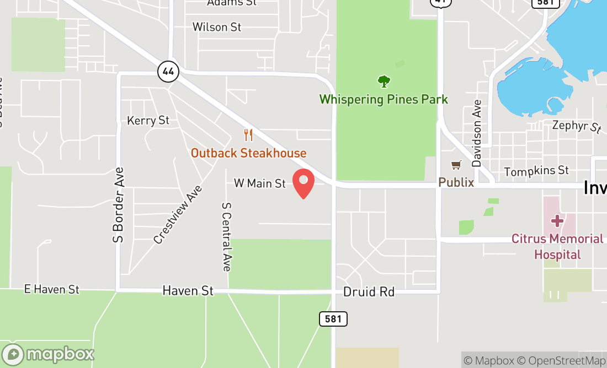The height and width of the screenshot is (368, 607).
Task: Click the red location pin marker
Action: tap(303, 183)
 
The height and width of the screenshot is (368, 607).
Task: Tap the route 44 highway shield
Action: tap(168, 71)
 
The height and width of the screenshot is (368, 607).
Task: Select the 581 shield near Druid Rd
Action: tap(333, 318)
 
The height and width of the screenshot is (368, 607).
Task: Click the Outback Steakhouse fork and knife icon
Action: tap(248, 135)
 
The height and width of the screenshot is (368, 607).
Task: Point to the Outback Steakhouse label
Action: tap(248, 153)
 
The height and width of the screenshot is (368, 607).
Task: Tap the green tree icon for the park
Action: tap(384, 82)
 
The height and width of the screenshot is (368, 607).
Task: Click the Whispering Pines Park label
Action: tap(384, 100)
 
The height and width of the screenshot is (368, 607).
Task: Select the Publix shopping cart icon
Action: tap(456, 165)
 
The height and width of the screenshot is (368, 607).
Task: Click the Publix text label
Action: tap(456, 182)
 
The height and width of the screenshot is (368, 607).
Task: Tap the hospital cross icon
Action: tap(557, 221)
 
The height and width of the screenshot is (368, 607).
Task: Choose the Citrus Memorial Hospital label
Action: tap(557, 246)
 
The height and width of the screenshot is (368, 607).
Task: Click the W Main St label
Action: tap(260, 183)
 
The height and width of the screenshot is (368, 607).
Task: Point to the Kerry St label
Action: tap(148, 120)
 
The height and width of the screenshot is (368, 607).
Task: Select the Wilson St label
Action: tap(217, 26)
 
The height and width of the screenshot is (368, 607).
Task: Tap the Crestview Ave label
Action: tap(178, 214)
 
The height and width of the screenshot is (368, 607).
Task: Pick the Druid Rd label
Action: tap(369, 291)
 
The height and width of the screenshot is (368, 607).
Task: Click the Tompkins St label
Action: tap(536, 171)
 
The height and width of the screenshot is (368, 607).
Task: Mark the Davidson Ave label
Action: tap(477, 133)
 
